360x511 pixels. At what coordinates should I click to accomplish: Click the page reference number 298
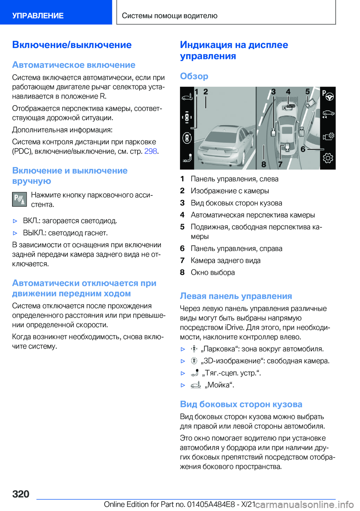pos(150,151)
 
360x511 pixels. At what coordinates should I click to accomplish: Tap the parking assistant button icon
pos(19,200)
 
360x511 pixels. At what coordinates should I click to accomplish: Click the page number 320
pos(21,494)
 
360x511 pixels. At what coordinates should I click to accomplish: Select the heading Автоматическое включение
pos(73,65)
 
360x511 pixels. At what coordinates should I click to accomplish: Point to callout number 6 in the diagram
pos(303,149)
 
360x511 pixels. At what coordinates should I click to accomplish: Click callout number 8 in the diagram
pos(264,164)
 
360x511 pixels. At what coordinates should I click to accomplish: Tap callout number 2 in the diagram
pos(205,92)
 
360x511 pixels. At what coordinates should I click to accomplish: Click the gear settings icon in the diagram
pos(328,158)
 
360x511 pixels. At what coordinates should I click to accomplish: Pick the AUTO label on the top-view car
pos(291,106)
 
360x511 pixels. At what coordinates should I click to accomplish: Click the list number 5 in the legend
pos(182,227)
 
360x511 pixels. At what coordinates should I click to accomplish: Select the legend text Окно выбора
pos(213,272)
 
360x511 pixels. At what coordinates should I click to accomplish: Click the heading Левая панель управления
pos(236,296)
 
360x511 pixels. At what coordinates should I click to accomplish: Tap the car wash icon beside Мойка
pos(196,385)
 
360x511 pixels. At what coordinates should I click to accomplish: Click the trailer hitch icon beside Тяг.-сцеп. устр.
pos(195,373)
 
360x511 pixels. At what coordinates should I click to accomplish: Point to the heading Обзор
pos(194,76)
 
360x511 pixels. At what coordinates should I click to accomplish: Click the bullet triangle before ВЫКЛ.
pos(15,233)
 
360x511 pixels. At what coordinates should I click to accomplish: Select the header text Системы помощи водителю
pos(169,16)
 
